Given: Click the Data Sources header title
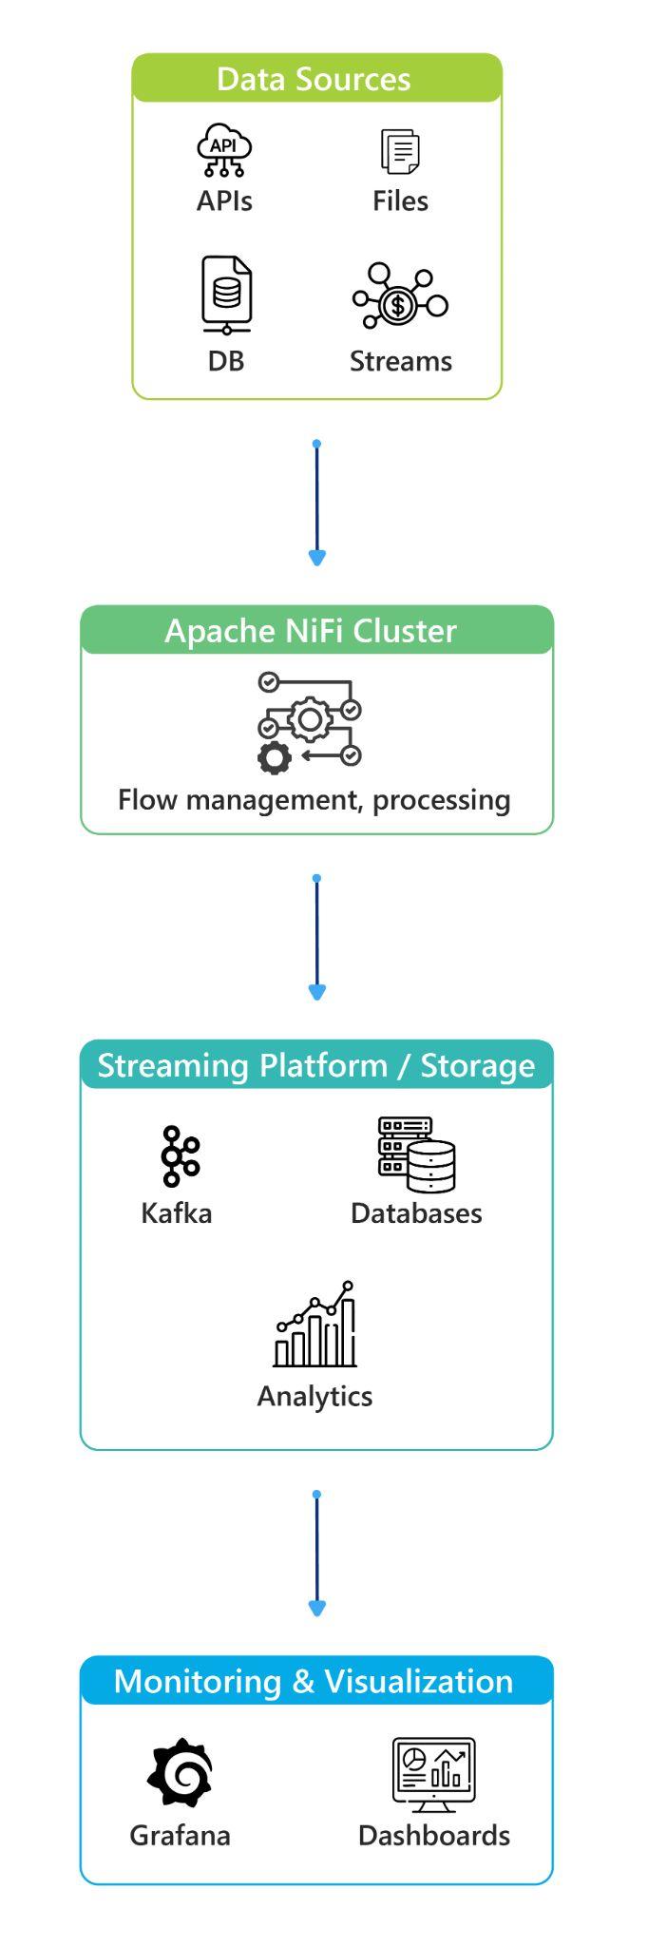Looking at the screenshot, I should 313,79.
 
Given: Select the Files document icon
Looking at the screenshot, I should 400,152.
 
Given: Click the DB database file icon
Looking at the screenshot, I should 226,295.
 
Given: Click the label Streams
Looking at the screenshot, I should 400,361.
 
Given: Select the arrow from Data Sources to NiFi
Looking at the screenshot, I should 317,503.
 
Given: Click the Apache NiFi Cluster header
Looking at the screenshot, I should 311,631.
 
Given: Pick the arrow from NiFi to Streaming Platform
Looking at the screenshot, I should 317,937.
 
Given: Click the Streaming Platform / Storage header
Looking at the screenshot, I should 315,1065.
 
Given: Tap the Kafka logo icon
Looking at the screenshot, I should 179,1156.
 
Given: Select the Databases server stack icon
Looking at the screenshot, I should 416,1154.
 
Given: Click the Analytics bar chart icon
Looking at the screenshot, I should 315,1325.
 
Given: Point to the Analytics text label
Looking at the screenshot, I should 314,1396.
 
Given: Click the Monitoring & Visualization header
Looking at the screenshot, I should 313,1681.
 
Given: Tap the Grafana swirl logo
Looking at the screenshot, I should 180,1772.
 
